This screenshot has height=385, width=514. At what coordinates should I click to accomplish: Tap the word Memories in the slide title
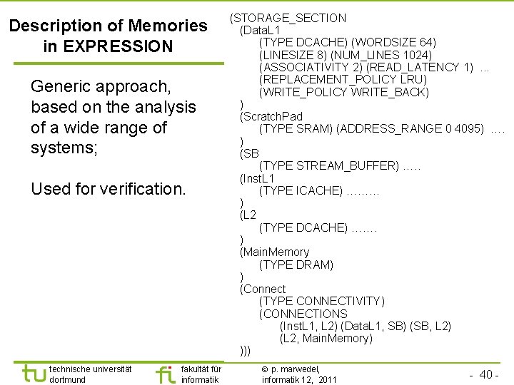pyautogui.click(x=168, y=26)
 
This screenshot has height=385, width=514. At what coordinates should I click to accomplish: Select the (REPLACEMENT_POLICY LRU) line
pyautogui.click(x=343, y=80)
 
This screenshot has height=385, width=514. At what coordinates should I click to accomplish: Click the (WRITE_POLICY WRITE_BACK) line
pyautogui.click(x=344, y=92)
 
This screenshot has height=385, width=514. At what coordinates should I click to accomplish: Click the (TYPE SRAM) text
pyautogui.click(x=296, y=128)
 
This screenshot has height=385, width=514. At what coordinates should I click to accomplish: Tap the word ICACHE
pyautogui.click(x=318, y=190)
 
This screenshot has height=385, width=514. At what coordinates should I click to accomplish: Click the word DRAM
pyautogui.click(x=317, y=265)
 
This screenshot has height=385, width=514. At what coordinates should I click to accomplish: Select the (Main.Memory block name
pyautogui.click(x=275, y=252)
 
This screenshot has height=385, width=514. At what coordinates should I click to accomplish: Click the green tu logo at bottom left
pyautogui.click(x=33, y=373)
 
